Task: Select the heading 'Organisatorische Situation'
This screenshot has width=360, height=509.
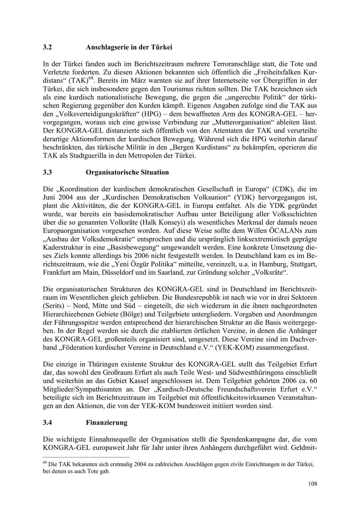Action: click(127, 172)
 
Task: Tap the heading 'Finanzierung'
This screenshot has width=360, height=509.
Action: click(106, 422)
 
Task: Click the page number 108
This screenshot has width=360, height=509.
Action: click(312, 484)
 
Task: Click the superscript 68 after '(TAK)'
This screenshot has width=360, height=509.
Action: click(91, 78)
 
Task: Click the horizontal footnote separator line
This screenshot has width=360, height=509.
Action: click(86, 457)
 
